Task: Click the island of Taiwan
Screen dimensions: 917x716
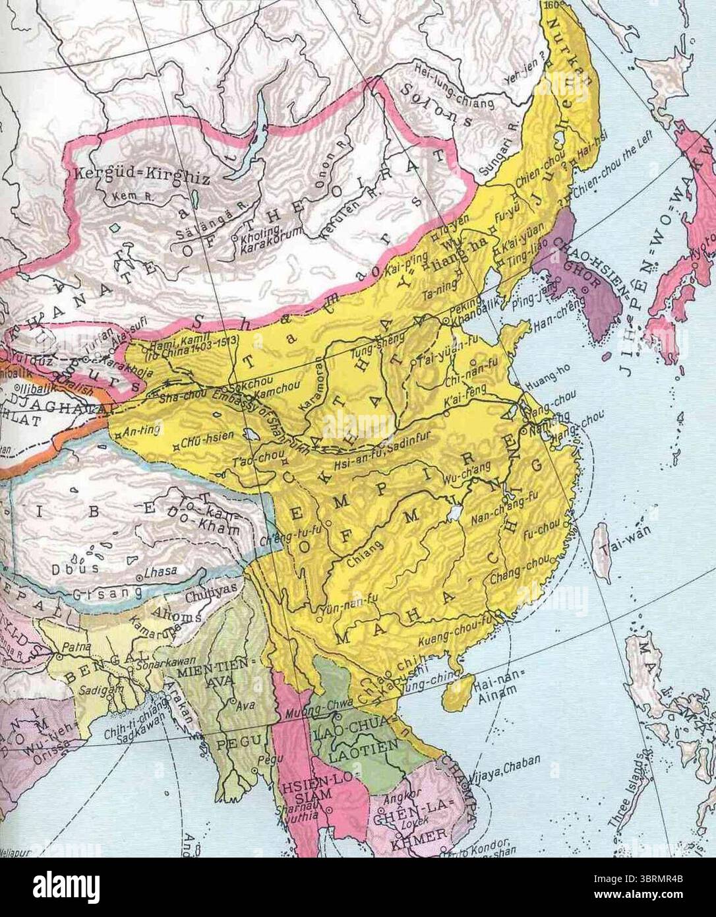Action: click(x=601, y=548)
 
